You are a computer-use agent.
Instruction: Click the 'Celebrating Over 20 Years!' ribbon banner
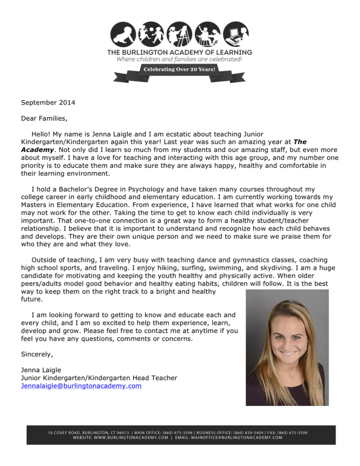tap(180, 70)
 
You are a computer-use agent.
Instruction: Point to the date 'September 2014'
tap(48, 102)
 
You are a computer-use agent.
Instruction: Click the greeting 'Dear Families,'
tap(44, 118)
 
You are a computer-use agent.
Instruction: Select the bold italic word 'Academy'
tap(37, 150)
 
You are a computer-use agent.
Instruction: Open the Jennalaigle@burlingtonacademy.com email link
tap(81, 386)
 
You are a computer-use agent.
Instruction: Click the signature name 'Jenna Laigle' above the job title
tap(41, 370)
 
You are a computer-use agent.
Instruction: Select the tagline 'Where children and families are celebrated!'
tap(179, 60)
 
